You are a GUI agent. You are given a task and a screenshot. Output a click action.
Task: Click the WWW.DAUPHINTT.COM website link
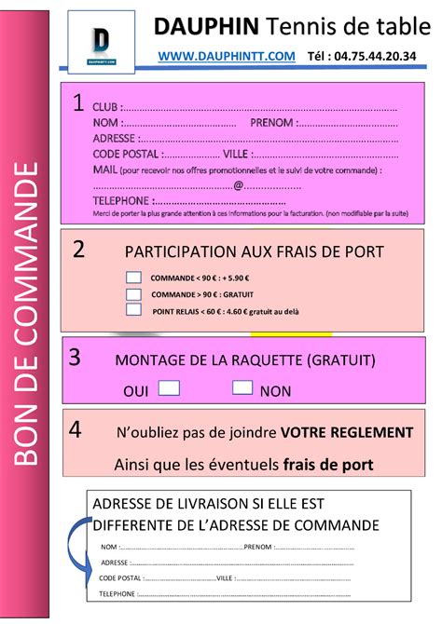click(x=227, y=57)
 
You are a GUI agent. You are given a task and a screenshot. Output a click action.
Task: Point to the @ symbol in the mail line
click(x=239, y=184)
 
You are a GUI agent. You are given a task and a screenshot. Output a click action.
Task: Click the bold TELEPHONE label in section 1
click(x=121, y=200)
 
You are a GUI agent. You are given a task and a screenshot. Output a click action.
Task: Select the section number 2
click(x=78, y=249)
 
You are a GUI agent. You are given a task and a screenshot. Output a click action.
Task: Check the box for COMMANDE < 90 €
click(x=133, y=277)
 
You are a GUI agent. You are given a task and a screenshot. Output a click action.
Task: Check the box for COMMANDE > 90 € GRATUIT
click(x=133, y=293)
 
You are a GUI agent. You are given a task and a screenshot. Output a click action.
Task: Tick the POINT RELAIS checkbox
click(x=133, y=310)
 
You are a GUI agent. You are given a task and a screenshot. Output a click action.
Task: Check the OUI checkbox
click(x=169, y=387)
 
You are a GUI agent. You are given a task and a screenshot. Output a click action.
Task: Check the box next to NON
click(x=242, y=387)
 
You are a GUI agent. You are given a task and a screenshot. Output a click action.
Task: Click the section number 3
click(x=75, y=357)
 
